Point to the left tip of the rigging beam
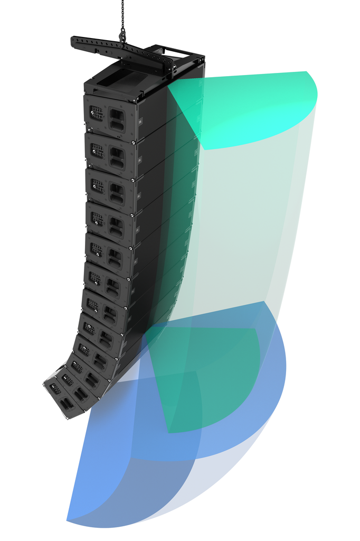(x=74, y=40)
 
